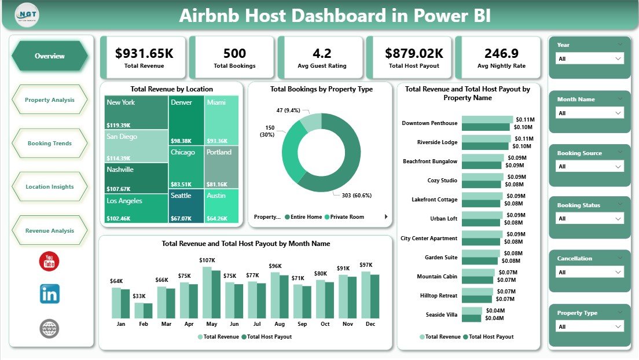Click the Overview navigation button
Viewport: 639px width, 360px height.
pos(50,56)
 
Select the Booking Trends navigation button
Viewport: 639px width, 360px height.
pos(50,144)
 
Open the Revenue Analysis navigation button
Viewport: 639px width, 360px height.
pos(50,230)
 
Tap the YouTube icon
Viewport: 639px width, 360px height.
pos(49,262)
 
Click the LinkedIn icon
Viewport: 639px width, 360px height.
pos(49,294)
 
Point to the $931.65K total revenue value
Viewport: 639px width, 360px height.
pos(144,53)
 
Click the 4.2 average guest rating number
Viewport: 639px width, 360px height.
pos(322,53)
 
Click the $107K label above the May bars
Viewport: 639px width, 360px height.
pos(207,260)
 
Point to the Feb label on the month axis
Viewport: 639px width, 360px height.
pos(144,324)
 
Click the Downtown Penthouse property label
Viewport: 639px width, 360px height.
pos(429,123)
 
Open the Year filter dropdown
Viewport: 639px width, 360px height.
pos(590,58)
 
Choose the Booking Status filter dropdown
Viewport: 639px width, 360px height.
pos(590,219)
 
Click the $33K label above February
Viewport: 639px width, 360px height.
pos(139,296)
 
